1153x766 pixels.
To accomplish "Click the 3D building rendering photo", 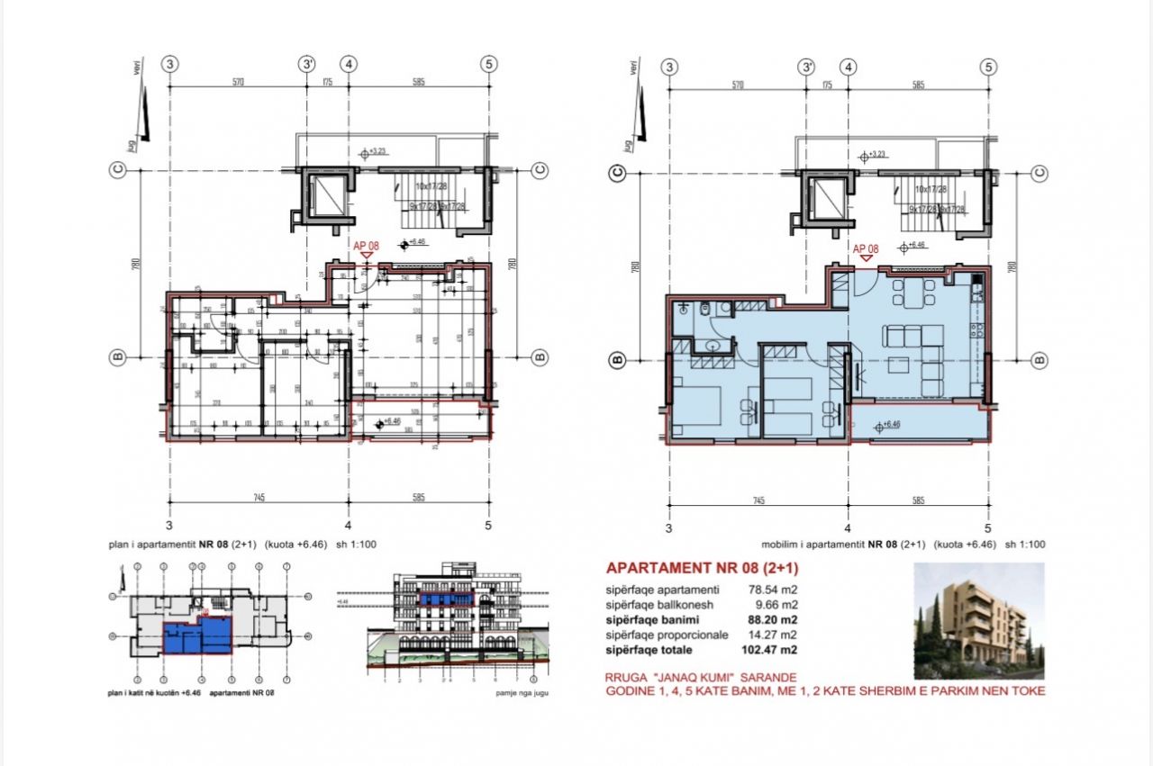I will point(979,620).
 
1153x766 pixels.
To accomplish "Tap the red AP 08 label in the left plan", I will point(365,243).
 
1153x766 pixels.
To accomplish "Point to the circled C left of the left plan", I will point(117,171).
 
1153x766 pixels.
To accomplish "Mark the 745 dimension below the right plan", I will point(758,500).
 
